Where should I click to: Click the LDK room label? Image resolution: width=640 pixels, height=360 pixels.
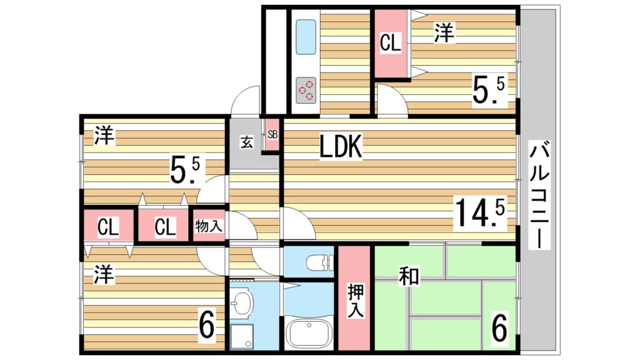(341, 146)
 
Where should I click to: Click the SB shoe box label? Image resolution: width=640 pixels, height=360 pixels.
(272, 134)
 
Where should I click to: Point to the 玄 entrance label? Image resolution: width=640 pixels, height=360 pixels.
(246, 142)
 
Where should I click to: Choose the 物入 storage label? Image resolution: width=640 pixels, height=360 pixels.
(209, 225)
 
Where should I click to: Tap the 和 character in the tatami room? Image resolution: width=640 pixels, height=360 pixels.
(409, 277)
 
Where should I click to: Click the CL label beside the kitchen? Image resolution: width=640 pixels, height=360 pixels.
(390, 42)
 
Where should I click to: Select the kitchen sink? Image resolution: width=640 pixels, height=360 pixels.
(306, 37)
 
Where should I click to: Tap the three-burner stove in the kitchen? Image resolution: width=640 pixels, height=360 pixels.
(306, 90)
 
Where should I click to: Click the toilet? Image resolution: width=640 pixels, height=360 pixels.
(319, 262)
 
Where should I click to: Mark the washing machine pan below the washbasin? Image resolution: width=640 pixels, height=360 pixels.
(241, 337)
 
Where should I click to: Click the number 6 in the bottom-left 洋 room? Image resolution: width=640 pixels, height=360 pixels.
(206, 324)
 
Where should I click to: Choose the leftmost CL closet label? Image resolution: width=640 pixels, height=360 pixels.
(107, 226)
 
